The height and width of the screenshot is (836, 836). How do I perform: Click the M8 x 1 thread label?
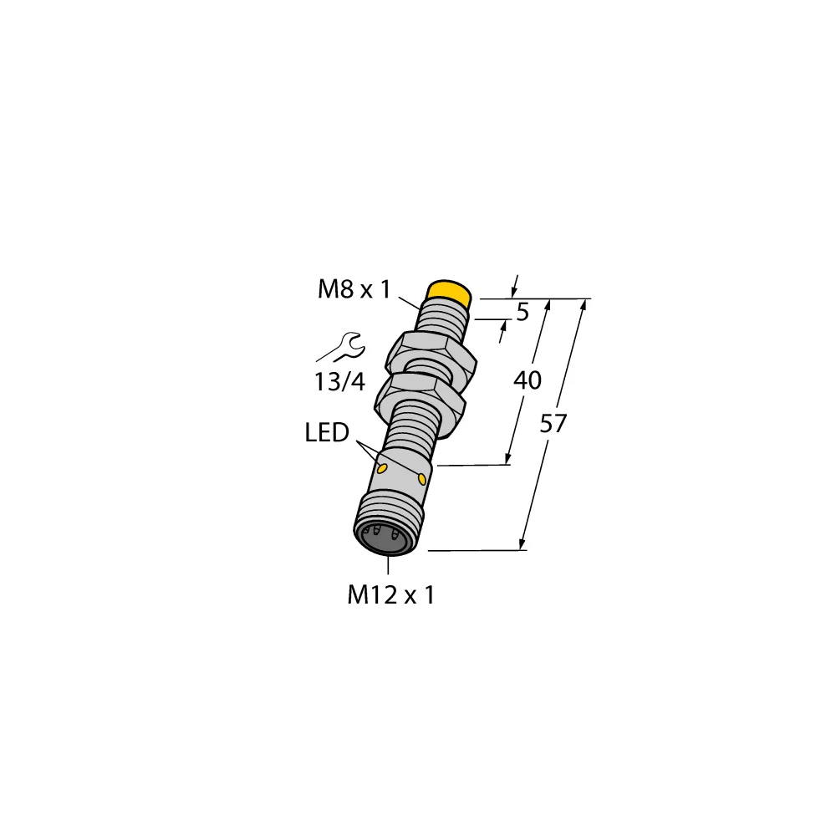point(354,290)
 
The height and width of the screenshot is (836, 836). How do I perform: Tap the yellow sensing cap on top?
point(450,293)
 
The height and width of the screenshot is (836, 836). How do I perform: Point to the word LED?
point(327,433)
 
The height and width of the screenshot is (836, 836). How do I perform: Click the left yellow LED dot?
point(382,469)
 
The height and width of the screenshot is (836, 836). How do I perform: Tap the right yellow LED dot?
point(422,479)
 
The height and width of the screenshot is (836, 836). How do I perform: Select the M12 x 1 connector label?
point(391,595)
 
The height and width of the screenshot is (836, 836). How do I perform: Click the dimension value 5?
point(522,313)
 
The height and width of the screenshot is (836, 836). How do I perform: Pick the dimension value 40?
point(527,380)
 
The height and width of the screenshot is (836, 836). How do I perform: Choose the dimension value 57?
point(553,424)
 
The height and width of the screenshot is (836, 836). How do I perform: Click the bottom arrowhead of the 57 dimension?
point(523,544)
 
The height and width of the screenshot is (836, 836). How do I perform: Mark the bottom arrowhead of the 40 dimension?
point(507,459)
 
